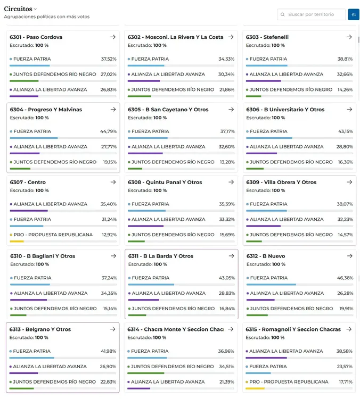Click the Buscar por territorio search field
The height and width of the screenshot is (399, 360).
[314, 14]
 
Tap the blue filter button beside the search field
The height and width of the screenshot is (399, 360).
[354, 14]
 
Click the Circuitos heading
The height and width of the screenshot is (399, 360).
[18, 9]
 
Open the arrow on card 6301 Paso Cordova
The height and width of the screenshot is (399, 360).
[113, 37]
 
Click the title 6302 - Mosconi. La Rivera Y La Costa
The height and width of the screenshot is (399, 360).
[176, 37]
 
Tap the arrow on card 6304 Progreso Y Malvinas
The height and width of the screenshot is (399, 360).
[113, 110]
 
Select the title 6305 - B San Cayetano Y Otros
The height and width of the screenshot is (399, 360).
[168, 110]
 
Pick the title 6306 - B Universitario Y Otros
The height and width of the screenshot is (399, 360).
[285, 110]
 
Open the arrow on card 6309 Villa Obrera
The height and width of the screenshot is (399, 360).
[349, 182]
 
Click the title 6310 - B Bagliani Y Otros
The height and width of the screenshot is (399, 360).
[43, 256]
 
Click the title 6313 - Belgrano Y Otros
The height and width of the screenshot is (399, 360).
[40, 329]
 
